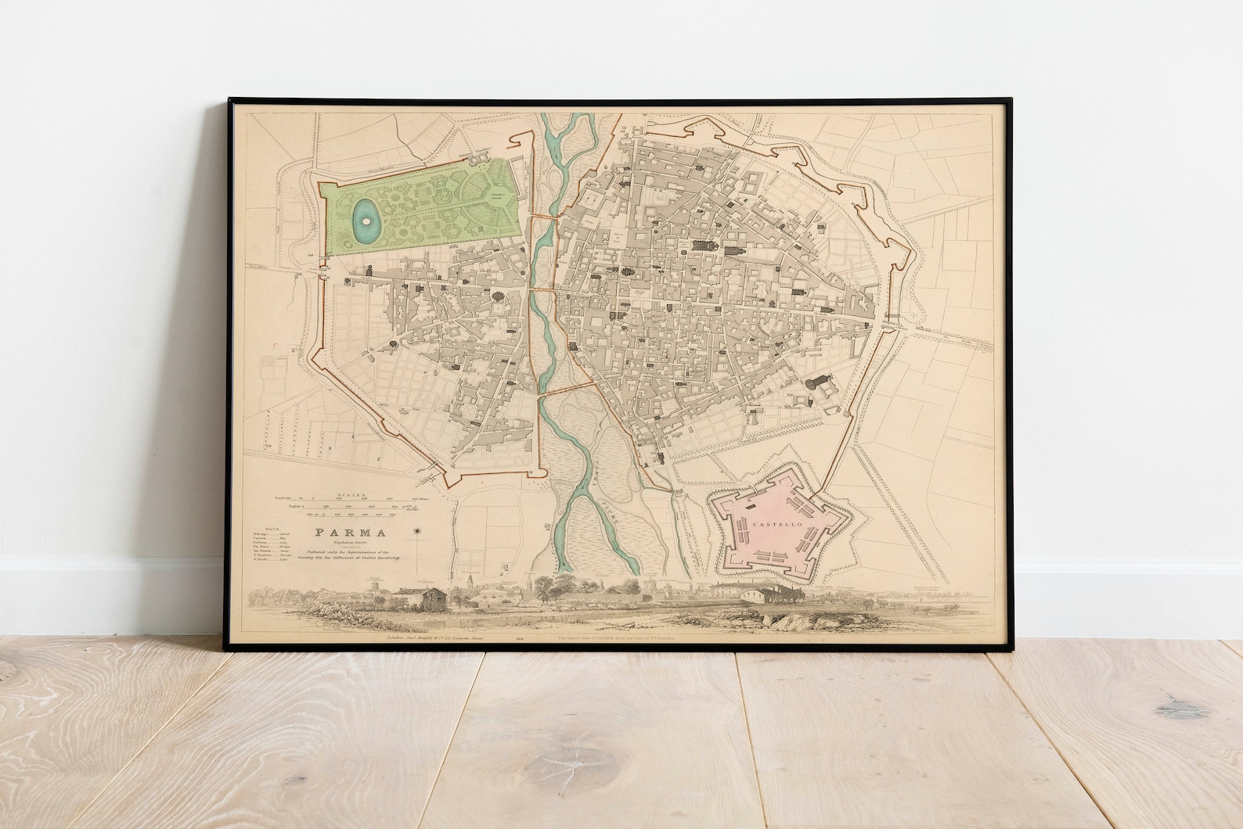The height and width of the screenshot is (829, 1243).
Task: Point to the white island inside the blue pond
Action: pos(363,221)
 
